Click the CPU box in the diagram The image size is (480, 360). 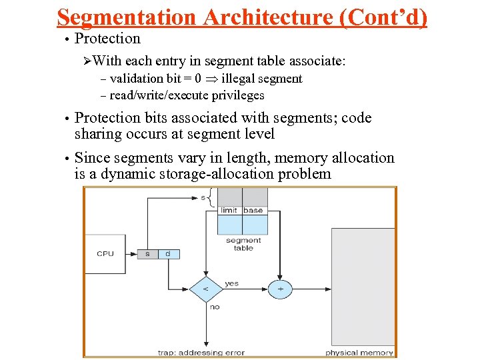click(105, 253)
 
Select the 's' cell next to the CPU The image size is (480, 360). click(147, 253)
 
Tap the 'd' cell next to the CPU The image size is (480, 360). click(167, 253)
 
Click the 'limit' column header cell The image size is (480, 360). click(229, 211)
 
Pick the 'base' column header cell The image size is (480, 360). click(253, 211)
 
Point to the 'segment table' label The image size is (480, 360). click(243, 244)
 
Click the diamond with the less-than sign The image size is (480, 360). click(205, 289)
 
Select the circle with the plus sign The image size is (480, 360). click(281, 289)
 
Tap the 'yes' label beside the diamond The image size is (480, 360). click(231, 283)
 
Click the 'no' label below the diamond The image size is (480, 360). click(214, 307)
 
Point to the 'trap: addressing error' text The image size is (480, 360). click(201, 352)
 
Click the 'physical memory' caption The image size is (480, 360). click(359, 352)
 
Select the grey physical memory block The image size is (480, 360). click(363, 287)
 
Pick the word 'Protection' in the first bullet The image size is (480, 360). click(107, 39)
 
